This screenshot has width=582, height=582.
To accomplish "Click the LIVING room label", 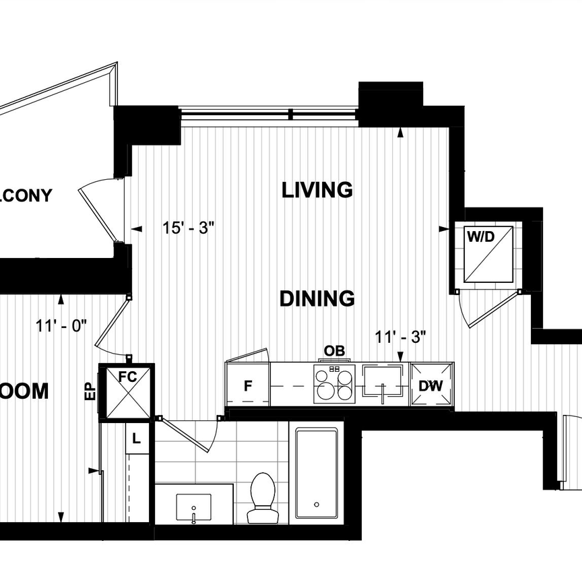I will [x=317, y=190].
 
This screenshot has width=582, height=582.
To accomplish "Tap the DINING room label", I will [x=317, y=298].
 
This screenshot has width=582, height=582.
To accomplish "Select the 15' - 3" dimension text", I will [x=187, y=228].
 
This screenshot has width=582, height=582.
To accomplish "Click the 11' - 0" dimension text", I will [x=62, y=326].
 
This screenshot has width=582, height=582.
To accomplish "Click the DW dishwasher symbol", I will [x=430, y=386].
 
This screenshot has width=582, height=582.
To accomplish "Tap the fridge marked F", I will [x=247, y=386].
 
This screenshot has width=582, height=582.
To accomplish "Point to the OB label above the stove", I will [x=334, y=351].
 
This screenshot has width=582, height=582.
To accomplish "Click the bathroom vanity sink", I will [x=193, y=507].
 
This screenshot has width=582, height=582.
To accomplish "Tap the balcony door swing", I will [x=98, y=209].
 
